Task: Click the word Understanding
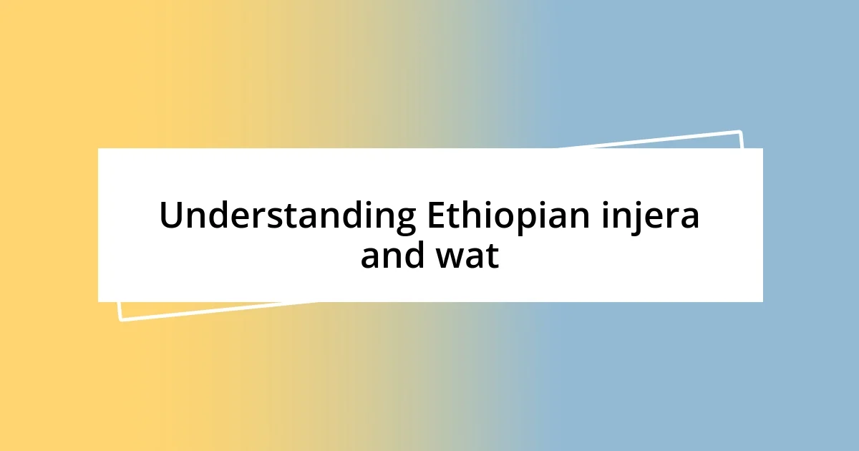click(x=287, y=216)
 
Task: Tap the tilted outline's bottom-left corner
click(x=120, y=319)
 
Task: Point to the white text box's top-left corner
click(x=99, y=149)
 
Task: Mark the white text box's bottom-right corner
click(x=762, y=301)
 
